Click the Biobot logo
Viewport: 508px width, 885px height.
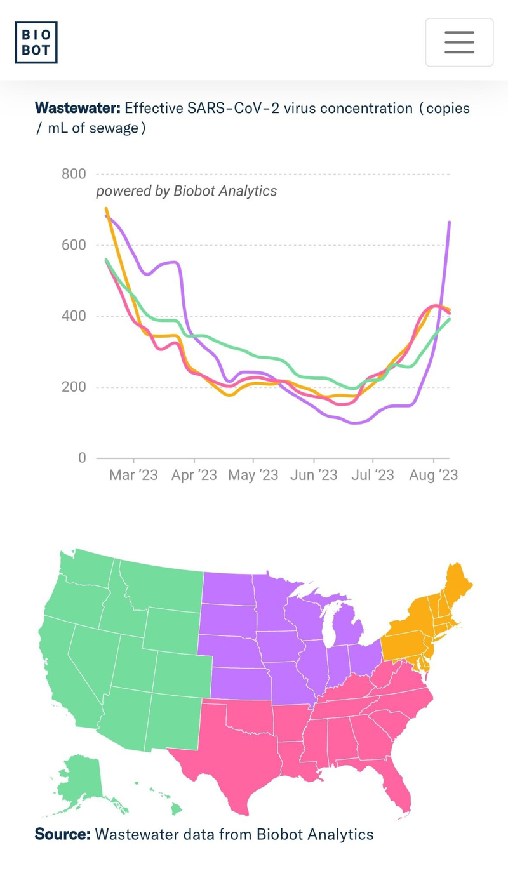tap(36, 42)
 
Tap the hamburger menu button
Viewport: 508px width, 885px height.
tap(459, 42)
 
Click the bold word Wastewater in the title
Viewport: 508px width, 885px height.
tap(77, 108)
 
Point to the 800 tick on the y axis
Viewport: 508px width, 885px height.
tap(74, 174)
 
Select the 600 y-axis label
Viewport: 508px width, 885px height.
tap(74, 245)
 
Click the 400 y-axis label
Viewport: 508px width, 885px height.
tap(74, 316)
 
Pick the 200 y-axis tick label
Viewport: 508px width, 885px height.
tap(74, 387)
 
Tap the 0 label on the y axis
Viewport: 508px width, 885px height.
tap(82, 458)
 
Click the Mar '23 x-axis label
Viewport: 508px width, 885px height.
tap(133, 475)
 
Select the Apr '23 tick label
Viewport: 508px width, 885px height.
tap(194, 475)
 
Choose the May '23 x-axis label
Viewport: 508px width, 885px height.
tap(253, 475)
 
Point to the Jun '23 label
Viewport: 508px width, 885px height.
tap(314, 475)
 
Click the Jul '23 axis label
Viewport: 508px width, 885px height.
tap(373, 475)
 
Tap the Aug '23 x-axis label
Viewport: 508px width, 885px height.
tap(434, 475)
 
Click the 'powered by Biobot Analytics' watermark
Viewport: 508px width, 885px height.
tap(186, 190)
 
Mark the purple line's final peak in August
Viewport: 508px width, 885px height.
tap(450, 222)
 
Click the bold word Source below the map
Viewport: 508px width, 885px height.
tap(63, 834)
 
